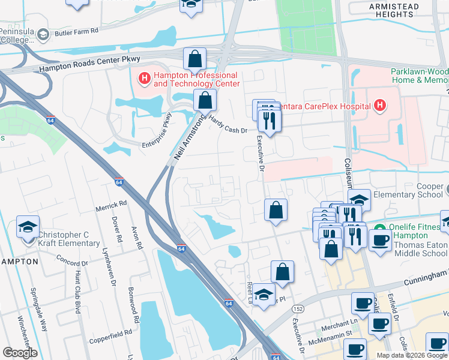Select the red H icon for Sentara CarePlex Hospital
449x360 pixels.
(x=379, y=106)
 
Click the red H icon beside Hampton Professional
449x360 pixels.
(x=144, y=77)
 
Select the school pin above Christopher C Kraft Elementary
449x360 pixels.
(x=28, y=227)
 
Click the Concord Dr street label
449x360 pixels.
(x=72, y=262)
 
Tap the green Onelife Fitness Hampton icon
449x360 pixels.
(x=379, y=227)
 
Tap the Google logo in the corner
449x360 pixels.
(x=20, y=353)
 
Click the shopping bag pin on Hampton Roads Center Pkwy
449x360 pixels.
(x=194, y=59)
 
